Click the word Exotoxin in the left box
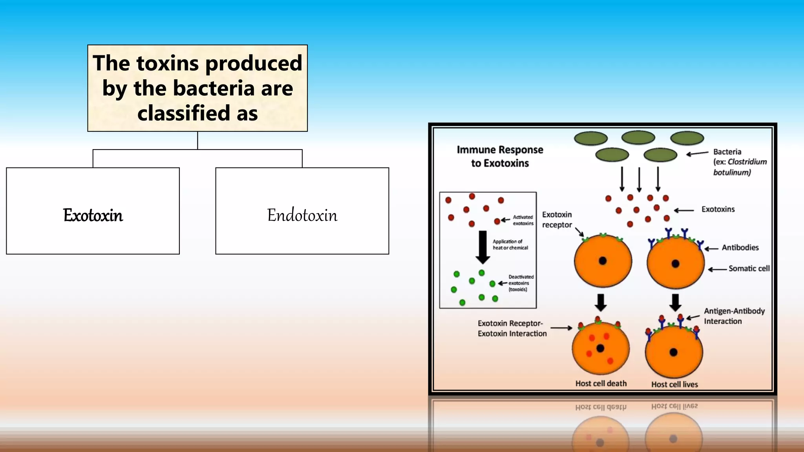(x=93, y=215)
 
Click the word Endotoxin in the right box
(x=302, y=215)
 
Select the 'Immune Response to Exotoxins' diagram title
(x=500, y=156)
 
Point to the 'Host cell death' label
(x=601, y=383)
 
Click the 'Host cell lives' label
(x=674, y=384)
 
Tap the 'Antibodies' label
(x=740, y=248)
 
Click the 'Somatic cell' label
(x=749, y=268)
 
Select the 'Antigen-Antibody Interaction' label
(x=734, y=316)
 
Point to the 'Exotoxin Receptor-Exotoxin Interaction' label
(x=512, y=328)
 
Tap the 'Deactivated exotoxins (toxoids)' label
(x=521, y=283)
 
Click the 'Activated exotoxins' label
(x=523, y=220)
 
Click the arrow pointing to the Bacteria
(x=697, y=153)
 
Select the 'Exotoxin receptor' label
(x=557, y=220)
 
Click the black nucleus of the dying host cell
(x=600, y=348)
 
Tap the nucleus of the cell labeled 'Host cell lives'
(x=674, y=352)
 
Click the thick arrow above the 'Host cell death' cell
(x=601, y=302)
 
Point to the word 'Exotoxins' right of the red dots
(x=718, y=209)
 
